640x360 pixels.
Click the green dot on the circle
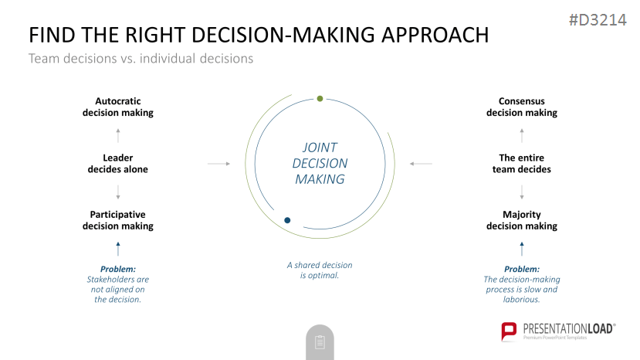click(320, 98)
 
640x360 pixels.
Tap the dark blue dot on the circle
click(287, 220)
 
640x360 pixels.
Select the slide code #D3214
click(598, 20)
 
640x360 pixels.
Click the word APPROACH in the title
click(435, 35)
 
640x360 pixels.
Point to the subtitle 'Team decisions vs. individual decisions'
click(141, 59)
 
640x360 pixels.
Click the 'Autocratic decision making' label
click(118, 107)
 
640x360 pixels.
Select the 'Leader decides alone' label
click(118, 164)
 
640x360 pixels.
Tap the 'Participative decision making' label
click(118, 220)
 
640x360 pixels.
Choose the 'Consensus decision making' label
click(522, 107)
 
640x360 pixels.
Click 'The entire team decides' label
click(522, 164)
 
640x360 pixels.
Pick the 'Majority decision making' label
click(522, 220)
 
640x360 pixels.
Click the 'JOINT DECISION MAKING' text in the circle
click(320, 163)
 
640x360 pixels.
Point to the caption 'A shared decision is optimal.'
click(320, 270)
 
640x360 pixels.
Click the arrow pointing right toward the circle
click(218, 164)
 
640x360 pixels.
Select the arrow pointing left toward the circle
click(421, 164)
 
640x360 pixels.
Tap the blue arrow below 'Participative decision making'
click(118, 249)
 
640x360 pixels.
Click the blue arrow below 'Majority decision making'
click(522, 249)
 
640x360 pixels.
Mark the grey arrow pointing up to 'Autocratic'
click(118, 136)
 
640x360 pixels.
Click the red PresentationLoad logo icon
click(509, 331)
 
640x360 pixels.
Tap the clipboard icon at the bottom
click(320, 342)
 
